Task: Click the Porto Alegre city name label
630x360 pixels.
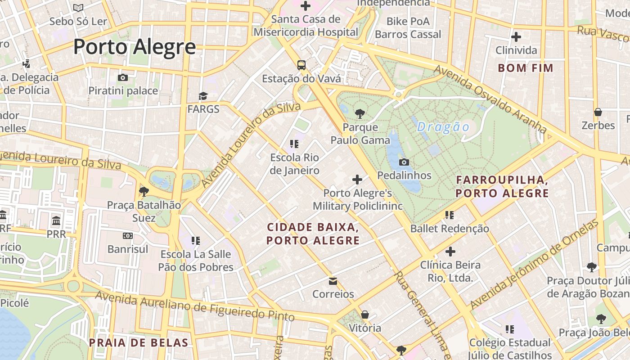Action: pos(135,47)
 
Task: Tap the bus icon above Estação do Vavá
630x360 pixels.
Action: pos(301,65)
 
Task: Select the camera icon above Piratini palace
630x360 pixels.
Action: pos(123,77)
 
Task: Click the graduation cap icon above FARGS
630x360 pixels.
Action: pos(203,96)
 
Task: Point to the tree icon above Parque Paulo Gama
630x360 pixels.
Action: pos(360,113)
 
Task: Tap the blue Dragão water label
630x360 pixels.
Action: pos(443,127)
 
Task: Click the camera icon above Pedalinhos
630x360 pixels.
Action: pos(404,162)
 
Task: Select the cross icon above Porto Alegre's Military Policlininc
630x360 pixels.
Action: pos(357,180)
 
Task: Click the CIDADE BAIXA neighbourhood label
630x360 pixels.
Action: pos(313,233)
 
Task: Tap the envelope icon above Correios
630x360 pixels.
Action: pos(333,281)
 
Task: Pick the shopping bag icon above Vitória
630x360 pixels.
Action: pos(365,315)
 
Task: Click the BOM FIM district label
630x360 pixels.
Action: pos(525,68)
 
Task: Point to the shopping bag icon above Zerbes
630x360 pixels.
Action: pos(598,112)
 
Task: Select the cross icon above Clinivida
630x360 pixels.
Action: pos(516,37)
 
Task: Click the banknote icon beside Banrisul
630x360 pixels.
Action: pos(128,236)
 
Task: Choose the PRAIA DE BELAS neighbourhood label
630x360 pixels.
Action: pos(138,342)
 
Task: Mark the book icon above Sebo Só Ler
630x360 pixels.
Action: pos(78,8)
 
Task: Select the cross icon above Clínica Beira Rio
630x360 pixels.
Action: pos(450,252)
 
